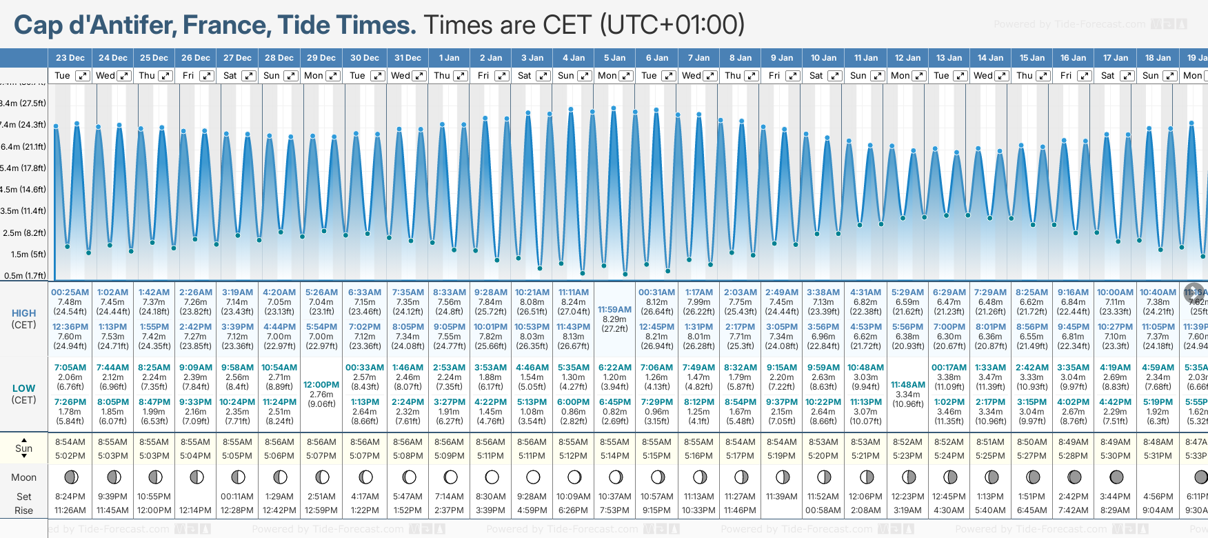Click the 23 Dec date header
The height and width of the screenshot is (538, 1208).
coord(70,58)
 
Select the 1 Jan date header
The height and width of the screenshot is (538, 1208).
coord(449,58)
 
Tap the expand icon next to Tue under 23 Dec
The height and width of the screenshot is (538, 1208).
coord(82,76)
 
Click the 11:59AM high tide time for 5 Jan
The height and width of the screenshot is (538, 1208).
coord(614,310)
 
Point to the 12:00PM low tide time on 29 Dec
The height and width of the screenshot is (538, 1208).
coord(321,385)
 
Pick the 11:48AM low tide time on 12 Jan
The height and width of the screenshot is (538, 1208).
coord(907,385)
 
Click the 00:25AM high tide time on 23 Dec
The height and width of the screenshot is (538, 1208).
coord(70,292)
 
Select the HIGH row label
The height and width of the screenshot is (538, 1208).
coord(24,313)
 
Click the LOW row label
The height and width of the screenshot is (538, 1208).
coord(24,388)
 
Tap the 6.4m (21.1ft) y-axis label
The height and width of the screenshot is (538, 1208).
coord(23,147)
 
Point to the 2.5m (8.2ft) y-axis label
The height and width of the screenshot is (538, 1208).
coord(24,233)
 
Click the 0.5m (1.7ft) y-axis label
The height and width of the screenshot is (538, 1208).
coord(25,276)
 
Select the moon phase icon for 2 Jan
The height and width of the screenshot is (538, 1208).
coord(492,477)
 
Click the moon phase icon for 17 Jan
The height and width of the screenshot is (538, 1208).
coord(1116,477)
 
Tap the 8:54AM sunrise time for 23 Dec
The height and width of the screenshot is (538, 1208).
coord(70,442)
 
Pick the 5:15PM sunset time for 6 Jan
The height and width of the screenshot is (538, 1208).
coord(656,456)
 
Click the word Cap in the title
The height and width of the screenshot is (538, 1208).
coord(39,26)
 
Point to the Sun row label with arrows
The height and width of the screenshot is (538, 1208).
coord(24,448)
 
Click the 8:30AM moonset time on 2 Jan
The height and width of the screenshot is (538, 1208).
coord(491,497)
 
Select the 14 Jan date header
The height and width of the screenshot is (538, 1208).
coord(990,58)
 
